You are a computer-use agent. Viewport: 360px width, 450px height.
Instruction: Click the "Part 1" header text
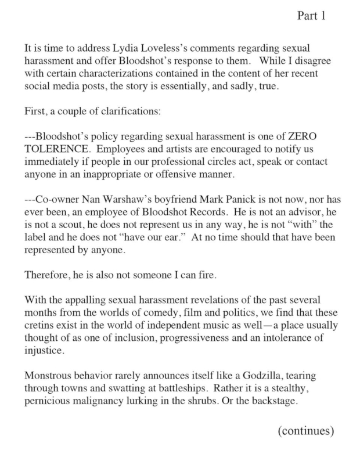(x=311, y=16)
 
